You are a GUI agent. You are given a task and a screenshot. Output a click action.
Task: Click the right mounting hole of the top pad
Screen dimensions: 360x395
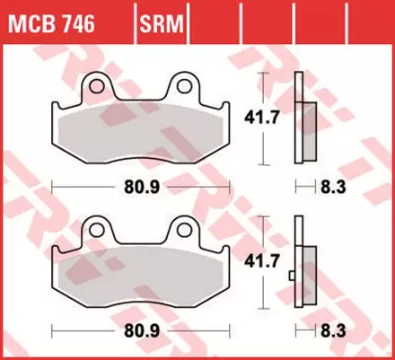click(187, 86)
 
